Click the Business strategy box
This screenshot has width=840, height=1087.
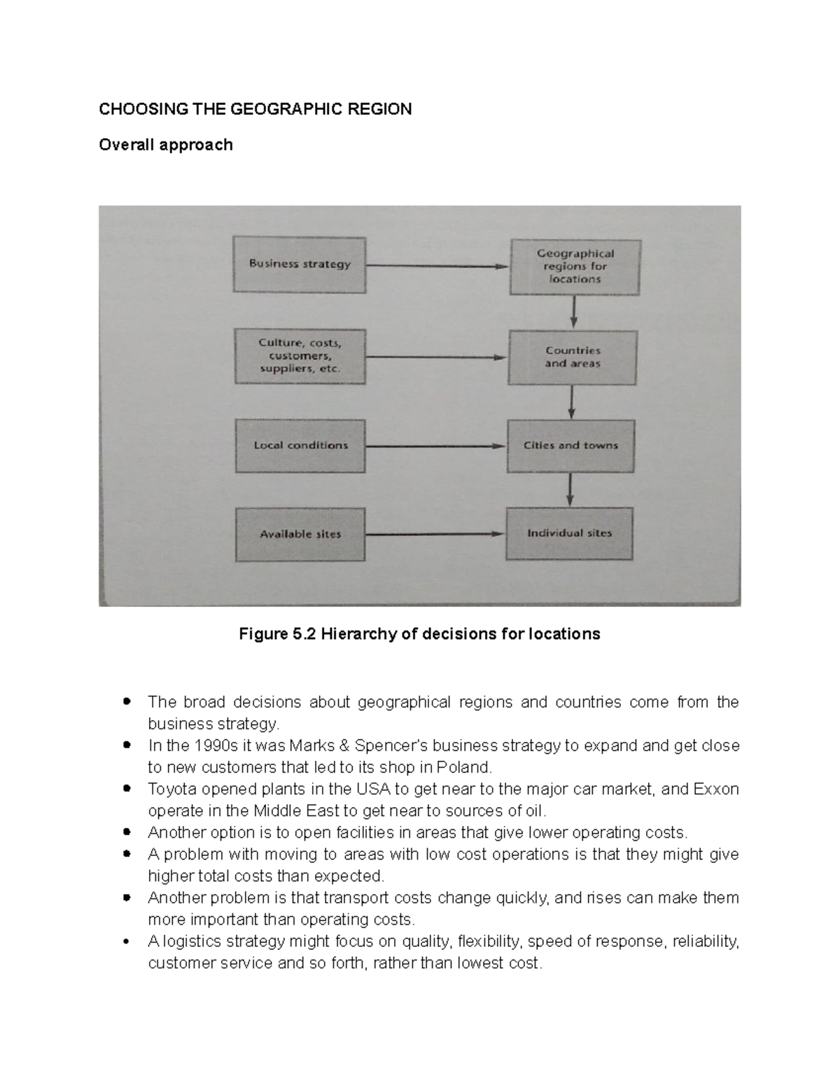[x=300, y=265]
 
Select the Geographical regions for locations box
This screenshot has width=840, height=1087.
[x=575, y=267]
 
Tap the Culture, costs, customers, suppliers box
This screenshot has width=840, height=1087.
[x=300, y=356]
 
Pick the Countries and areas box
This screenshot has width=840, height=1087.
[x=573, y=357]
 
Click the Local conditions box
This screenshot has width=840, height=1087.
[x=300, y=446]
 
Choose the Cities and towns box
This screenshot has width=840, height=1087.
[x=570, y=446]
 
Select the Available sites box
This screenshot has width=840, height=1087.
[x=300, y=535]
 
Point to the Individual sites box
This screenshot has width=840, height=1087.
[x=569, y=533]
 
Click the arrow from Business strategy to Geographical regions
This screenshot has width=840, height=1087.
[x=437, y=266]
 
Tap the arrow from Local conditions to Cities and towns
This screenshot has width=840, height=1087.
[x=435, y=446]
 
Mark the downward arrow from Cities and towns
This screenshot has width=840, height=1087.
[x=570, y=489]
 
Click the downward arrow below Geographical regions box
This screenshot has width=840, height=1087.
[x=574, y=311]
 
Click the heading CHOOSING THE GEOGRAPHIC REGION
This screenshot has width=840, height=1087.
[x=255, y=109]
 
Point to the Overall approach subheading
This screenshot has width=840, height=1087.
[x=166, y=145]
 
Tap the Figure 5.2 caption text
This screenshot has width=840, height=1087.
[x=419, y=634]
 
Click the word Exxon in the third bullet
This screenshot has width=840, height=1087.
[x=715, y=790]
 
